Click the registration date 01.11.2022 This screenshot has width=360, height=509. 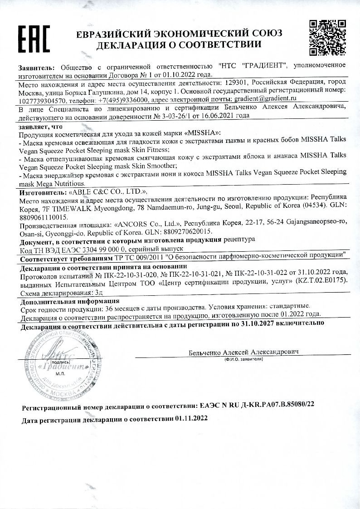click(x=191, y=420)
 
